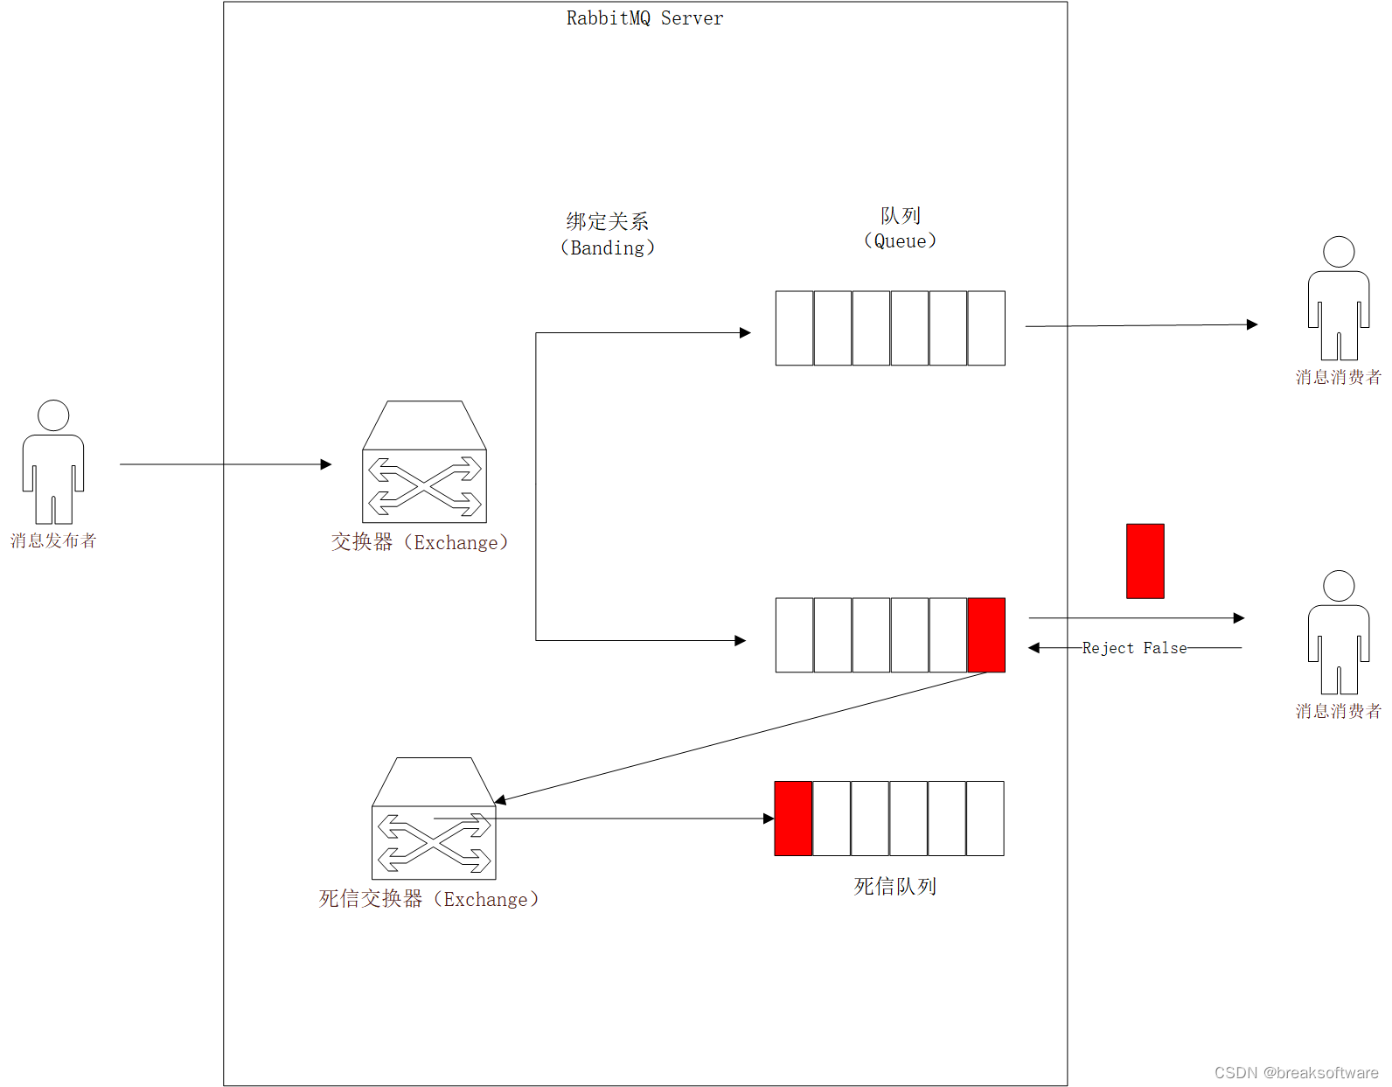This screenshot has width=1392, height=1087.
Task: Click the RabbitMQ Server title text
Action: [x=644, y=18]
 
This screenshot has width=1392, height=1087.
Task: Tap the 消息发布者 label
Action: [x=53, y=540]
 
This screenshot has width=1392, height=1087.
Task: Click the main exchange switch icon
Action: [x=424, y=463]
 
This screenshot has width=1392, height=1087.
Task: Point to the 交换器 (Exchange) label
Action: [x=420, y=542]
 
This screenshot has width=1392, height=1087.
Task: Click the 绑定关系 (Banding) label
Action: [x=607, y=234]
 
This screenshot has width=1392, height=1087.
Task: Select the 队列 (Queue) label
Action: [x=900, y=228]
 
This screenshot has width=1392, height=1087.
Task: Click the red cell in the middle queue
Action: [x=986, y=635]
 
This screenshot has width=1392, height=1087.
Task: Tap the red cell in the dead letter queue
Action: [x=793, y=819]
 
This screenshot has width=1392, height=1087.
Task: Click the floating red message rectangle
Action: [x=1145, y=561]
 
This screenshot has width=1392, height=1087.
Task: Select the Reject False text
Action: [x=1134, y=648]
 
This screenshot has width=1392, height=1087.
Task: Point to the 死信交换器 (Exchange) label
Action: [x=428, y=899]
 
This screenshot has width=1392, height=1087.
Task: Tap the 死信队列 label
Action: [x=894, y=887]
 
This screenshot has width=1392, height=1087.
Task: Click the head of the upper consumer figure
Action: [x=1339, y=252]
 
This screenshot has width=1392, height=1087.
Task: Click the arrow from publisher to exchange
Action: [x=226, y=464]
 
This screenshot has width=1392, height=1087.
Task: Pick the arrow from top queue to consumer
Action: [x=1141, y=325]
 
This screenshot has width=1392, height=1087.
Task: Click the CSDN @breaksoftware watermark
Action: [x=1296, y=1073]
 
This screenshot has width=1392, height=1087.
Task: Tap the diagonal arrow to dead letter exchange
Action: [x=743, y=736]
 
